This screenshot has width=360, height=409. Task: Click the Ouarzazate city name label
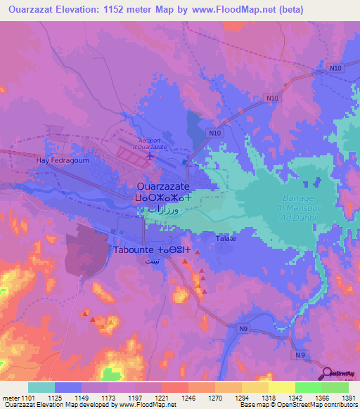[x=162, y=187]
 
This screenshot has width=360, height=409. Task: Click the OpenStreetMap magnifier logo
[x=328, y=374]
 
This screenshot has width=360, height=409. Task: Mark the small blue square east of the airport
[x=184, y=162]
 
